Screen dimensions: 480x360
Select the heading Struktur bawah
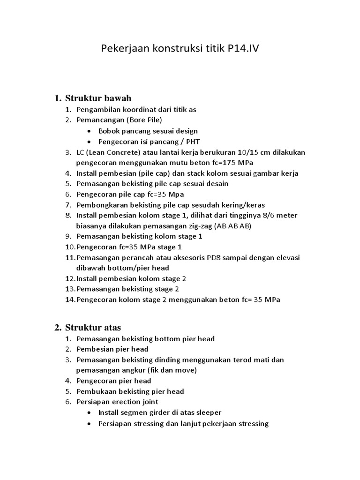click(x=98, y=98)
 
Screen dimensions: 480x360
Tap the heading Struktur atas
click(x=93, y=327)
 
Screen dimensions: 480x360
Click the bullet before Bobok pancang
click(x=90, y=131)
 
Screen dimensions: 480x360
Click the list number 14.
click(x=70, y=300)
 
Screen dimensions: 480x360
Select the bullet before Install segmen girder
click(x=90, y=412)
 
